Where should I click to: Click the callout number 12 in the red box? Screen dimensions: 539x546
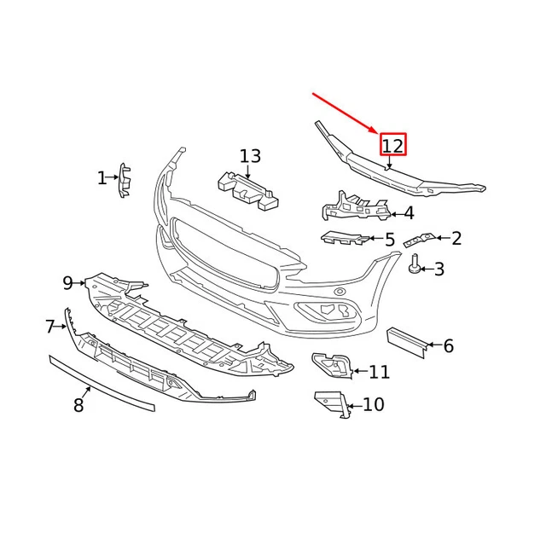tap(392, 145)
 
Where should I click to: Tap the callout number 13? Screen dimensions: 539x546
tap(250, 157)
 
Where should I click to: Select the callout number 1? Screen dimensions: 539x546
tap(102, 178)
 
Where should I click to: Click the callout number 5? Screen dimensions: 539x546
tap(390, 241)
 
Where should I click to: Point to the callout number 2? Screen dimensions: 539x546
tap(456, 239)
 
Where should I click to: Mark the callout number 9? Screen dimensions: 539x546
tap(68, 282)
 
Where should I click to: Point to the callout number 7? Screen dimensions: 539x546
tap(50, 327)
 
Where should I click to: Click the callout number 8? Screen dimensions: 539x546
tap(78, 406)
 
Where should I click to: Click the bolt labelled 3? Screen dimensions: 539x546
tap(414, 265)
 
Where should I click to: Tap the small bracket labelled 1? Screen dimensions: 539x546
tap(125, 179)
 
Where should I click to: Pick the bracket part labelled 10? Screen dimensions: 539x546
tap(334, 403)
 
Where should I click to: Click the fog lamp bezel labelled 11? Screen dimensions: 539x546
tap(332, 366)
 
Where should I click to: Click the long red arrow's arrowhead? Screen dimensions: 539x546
tap(375, 130)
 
